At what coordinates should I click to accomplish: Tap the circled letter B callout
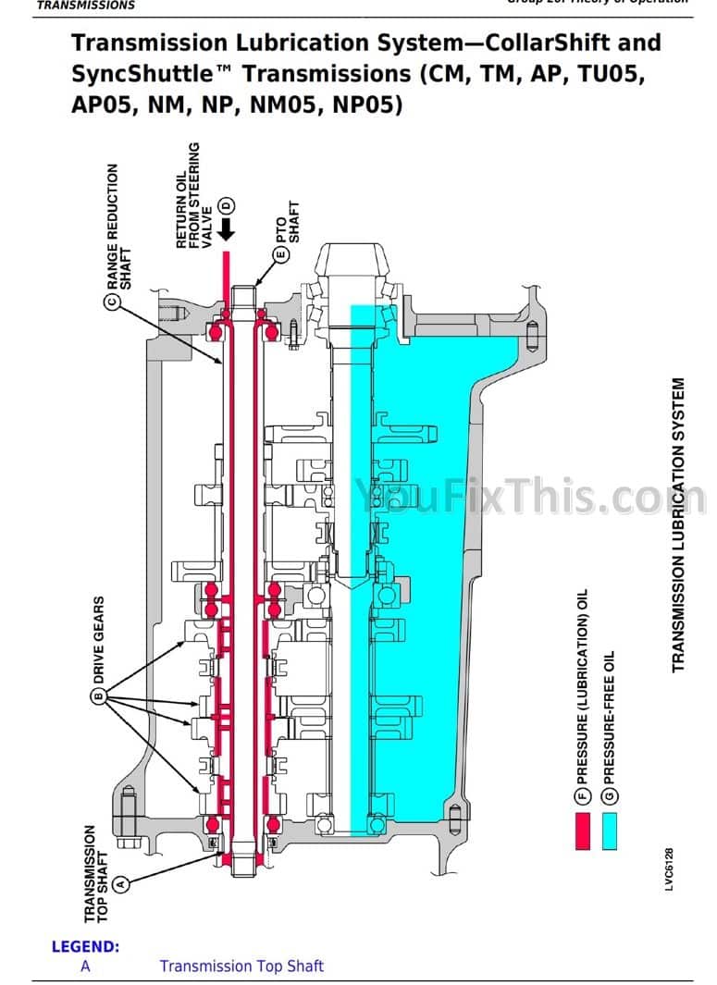98,696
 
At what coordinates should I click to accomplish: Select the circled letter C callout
112,302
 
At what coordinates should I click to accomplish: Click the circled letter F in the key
582,794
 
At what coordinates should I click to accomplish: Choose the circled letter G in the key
609,794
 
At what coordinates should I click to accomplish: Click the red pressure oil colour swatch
582,831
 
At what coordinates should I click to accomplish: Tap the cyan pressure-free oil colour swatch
609,831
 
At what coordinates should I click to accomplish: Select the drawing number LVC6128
668,870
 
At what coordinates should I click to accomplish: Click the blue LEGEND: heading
85,946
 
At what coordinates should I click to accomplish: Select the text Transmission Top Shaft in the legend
241,967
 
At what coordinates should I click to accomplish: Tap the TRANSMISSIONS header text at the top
85,6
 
